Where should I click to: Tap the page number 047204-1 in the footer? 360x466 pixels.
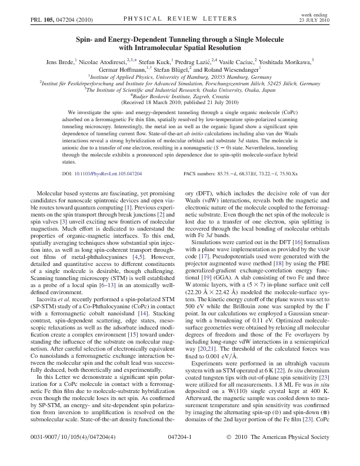click(x=179, y=455)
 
